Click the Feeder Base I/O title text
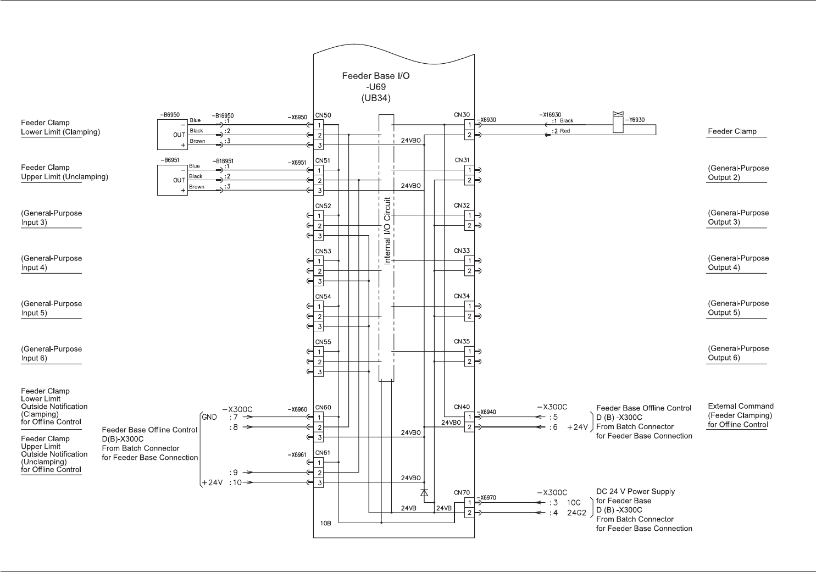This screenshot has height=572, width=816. tap(376, 76)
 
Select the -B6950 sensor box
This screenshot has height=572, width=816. tap(173, 135)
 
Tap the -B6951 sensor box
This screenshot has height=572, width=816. tap(173, 180)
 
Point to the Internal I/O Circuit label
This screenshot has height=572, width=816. tap(387, 231)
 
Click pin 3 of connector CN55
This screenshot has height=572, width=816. tap(319, 372)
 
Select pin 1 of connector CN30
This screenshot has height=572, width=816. tap(469, 125)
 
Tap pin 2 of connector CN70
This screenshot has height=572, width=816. tap(469, 513)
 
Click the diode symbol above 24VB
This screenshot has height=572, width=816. tap(424, 492)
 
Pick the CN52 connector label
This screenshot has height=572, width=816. tap(323, 206)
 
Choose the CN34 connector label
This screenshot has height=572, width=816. tap(462, 296)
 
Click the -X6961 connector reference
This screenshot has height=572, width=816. tap(297, 455)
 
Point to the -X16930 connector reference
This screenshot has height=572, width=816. tap(550, 114)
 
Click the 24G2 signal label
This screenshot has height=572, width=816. tap(576, 513)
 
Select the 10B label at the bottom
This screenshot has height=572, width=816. tap(325, 523)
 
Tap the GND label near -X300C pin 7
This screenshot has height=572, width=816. tap(209, 416)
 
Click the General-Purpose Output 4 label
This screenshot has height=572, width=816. tap(738, 263)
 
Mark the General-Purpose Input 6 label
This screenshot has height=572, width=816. tap(51, 353)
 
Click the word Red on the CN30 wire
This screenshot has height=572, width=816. tap(565, 131)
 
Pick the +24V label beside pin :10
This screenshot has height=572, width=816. tap(212, 482)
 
